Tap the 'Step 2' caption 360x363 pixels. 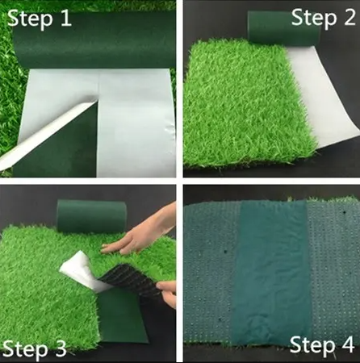coord(322,17)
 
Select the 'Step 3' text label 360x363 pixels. coord(35,348)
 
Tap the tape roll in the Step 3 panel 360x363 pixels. coord(91,216)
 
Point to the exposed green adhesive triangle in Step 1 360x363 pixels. coord(65,157)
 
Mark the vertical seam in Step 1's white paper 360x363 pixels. coord(98,121)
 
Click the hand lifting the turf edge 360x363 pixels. coord(168,292)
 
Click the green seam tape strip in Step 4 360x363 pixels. coord(270,274)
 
